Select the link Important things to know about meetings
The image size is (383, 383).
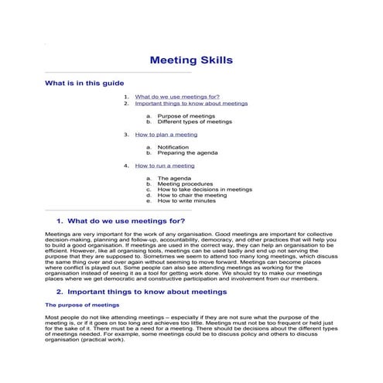[x=191, y=103]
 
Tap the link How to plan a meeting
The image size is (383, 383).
[x=166, y=134]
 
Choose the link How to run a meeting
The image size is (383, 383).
[x=165, y=166]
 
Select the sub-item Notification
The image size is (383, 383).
[x=173, y=147]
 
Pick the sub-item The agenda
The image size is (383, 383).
[x=175, y=178]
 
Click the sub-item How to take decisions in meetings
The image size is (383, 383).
[x=204, y=190]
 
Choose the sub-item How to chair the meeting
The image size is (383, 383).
[x=192, y=196]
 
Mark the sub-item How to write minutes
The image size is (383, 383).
[x=186, y=201]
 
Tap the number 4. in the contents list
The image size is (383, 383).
[x=125, y=166]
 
